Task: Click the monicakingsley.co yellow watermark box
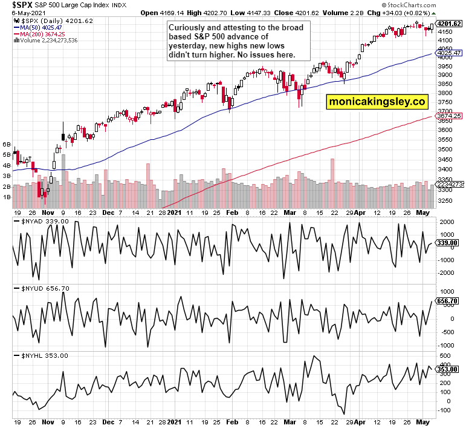(x=377, y=102)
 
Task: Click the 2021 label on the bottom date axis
(x=174, y=213)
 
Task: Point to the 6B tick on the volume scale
(x=7, y=145)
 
